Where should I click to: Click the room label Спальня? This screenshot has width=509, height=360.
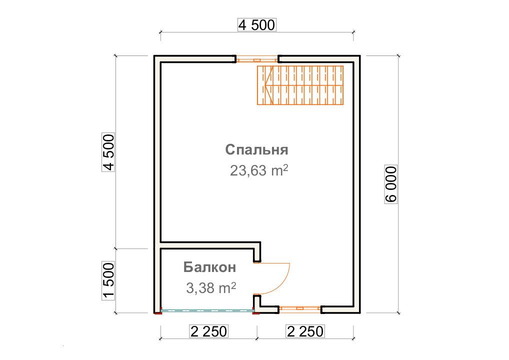pyautogui.click(x=256, y=149)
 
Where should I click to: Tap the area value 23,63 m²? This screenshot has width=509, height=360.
pyautogui.click(x=258, y=170)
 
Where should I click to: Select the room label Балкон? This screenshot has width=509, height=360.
pyautogui.click(x=209, y=267)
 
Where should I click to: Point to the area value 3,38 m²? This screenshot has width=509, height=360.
pyautogui.click(x=211, y=287)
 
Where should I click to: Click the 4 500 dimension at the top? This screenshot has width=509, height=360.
pyautogui.click(x=257, y=25)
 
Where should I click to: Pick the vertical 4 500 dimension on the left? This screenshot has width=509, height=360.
pyautogui.click(x=108, y=152)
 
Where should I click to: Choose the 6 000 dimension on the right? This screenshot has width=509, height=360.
pyautogui.click(x=391, y=184)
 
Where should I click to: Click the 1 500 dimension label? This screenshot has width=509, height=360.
pyautogui.click(x=108, y=280)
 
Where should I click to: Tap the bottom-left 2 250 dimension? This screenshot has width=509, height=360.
pyautogui.click(x=208, y=331)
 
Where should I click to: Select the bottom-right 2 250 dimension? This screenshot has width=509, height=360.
pyautogui.click(x=305, y=331)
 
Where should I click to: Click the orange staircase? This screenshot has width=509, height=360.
pyautogui.click(x=300, y=85)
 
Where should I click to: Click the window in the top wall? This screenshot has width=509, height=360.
pyautogui.click(x=257, y=60)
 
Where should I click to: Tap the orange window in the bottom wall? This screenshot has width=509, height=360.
pyautogui.click(x=300, y=308)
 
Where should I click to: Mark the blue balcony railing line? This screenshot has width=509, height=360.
pyautogui.click(x=207, y=310)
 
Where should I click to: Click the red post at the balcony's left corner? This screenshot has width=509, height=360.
pyautogui.click(x=158, y=312)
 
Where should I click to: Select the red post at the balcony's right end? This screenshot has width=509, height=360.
pyautogui.click(x=256, y=312)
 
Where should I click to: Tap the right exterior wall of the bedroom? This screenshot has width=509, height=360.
pyautogui.click(x=357, y=184)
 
